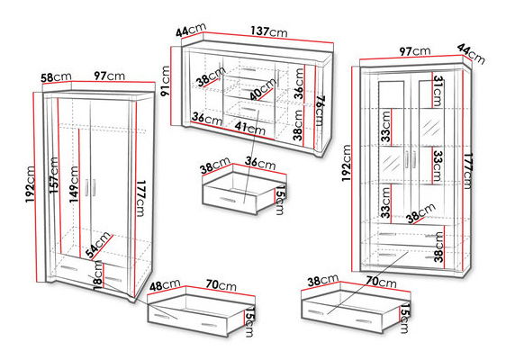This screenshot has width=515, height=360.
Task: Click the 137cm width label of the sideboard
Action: pos(269,31)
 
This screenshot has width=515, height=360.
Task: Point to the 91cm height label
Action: pos(165,81)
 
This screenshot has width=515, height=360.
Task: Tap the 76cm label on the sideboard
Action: pos(320,111)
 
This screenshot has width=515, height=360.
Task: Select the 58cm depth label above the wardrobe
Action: pos(56,77)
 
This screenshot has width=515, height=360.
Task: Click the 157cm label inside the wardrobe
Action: pos(54,175)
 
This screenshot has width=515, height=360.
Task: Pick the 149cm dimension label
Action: pos(74,184)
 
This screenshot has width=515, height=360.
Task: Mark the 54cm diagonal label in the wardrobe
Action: pos(98,244)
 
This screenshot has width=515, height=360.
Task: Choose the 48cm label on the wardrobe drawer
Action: pos(165,284)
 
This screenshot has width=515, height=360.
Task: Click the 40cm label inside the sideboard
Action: pos(262,89)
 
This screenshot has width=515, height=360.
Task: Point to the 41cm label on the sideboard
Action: pos(250,129)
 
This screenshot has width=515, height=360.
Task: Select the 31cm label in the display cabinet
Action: pos(438,91)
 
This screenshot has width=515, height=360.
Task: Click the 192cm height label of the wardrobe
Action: pos(31,184)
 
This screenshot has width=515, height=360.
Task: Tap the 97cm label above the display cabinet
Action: pos(415,51)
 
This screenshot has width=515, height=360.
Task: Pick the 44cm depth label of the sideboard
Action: pos(191,31)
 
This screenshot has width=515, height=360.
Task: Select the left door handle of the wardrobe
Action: pos(87,187)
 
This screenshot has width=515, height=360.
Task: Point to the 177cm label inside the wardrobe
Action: pos(140,198)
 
